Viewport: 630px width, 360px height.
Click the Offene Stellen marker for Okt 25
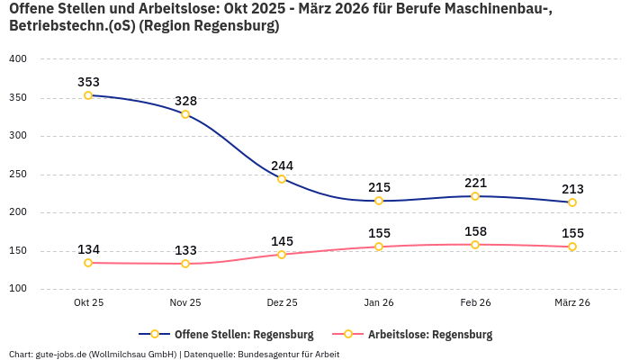(x=88, y=95)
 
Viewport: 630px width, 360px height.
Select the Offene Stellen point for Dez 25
(x=282, y=179)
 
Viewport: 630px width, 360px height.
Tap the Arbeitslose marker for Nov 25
(x=185, y=264)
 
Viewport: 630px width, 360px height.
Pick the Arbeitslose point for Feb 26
(x=475, y=245)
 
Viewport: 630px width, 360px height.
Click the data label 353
(x=88, y=82)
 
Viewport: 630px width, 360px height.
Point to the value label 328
(x=185, y=101)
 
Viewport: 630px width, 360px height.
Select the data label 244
(x=282, y=166)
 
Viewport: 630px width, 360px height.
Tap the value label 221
(x=475, y=183)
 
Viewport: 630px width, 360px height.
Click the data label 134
(x=88, y=249)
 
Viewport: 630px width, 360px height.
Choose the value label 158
(x=475, y=231)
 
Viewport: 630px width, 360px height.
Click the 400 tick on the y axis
(x=18, y=59)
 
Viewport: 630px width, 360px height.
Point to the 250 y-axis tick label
(x=18, y=175)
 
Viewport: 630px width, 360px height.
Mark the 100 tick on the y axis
(x=18, y=290)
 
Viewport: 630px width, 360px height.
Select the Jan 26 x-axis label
(x=379, y=303)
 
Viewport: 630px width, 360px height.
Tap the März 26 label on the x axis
(x=571, y=303)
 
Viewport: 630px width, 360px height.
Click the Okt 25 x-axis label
(x=88, y=303)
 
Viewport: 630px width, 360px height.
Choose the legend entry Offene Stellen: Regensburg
(x=243, y=334)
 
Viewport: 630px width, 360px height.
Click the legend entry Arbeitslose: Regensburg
(x=430, y=334)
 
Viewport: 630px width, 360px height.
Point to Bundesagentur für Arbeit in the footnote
(x=288, y=354)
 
